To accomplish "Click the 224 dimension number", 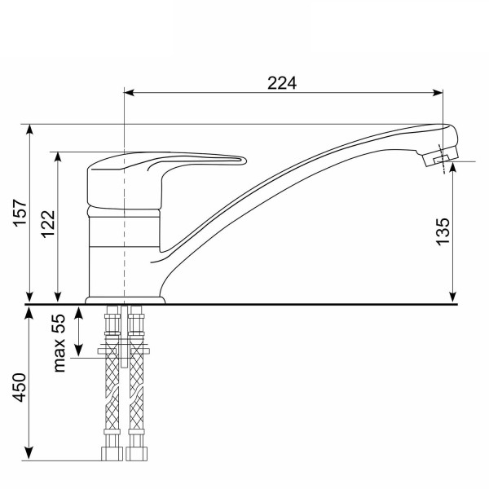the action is (282, 83).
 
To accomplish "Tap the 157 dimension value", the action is (20, 213).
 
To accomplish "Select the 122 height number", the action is (48, 225).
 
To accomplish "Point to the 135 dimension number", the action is (443, 231).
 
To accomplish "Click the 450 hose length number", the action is (20, 387).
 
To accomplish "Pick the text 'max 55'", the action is (59, 343).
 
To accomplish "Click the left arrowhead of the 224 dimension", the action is (129, 93).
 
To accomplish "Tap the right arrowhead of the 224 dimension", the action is (438, 93).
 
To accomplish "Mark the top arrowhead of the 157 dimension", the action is (29, 129).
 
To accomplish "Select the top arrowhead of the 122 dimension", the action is (58, 157).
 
